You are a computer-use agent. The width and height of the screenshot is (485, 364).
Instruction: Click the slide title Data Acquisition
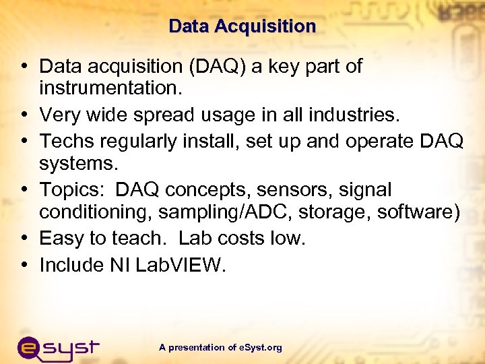click(242, 26)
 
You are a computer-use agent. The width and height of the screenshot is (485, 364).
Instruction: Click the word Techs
click(64, 141)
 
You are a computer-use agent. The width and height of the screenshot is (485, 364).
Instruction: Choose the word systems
click(77, 164)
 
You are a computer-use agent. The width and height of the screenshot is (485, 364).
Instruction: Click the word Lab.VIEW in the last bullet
click(181, 265)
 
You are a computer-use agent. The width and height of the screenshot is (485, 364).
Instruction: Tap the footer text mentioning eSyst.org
click(221, 348)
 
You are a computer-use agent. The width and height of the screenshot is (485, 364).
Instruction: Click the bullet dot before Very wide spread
click(24, 115)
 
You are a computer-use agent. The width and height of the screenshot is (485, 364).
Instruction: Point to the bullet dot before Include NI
click(24, 265)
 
